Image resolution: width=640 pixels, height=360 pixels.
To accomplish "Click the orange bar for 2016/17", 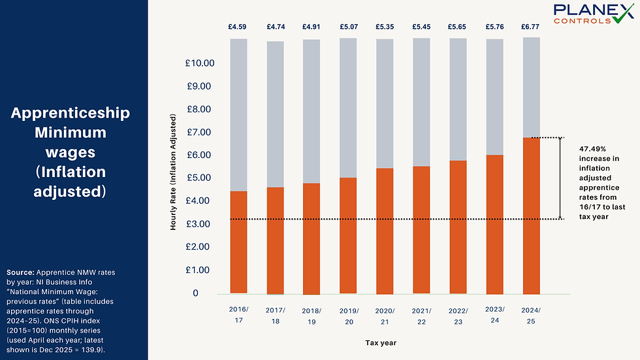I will (x=238, y=242).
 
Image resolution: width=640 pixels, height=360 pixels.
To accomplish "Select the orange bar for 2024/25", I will (x=531, y=216).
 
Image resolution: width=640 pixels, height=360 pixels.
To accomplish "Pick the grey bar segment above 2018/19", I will (x=312, y=111).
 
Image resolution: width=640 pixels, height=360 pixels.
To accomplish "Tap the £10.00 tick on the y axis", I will (x=200, y=63).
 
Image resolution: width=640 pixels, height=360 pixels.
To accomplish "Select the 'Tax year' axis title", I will (x=379, y=342).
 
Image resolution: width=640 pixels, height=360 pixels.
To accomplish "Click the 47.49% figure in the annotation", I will (x=592, y=149).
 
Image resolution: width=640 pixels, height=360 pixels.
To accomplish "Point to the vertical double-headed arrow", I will (x=560, y=178).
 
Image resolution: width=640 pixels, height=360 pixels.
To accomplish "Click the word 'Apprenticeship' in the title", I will (x=71, y=113).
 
